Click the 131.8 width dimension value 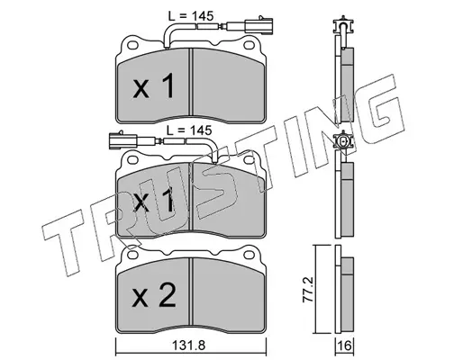click(188, 346)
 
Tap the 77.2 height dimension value click(308, 289)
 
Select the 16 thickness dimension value click(345, 346)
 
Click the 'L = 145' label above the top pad click(191, 16)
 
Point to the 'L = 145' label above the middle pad click(189, 130)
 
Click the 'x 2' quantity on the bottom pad click(154, 296)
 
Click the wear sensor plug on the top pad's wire click(259, 25)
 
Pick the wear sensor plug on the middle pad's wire click(123, 140)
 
